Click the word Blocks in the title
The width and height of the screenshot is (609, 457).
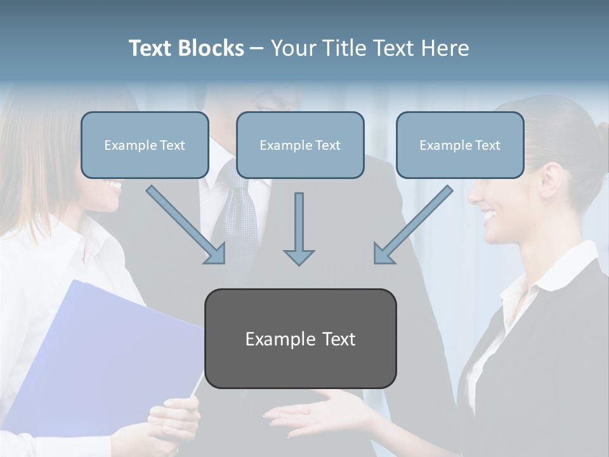coord(211,48)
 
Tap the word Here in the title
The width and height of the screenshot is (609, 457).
coord(444,48)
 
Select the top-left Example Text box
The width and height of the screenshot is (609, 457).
coord(145,145)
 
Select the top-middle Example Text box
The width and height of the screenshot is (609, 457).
coord(300,145)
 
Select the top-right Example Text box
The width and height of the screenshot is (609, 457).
coord(460,145)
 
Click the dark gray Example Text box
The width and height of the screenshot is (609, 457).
coord(300,339)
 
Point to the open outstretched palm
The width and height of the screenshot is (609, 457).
coord(317,416)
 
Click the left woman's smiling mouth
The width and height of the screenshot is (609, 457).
coord(114,186)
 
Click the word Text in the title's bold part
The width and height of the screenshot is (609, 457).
coord(151,48)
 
